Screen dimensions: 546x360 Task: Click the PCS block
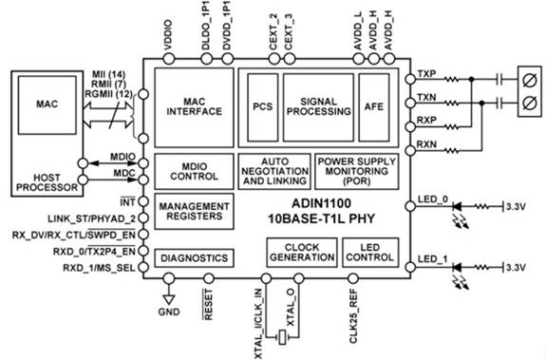click(x=263, y=107)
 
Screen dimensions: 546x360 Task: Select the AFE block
click(x=374, y=107)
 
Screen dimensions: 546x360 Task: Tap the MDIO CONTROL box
click(x=195, y=171)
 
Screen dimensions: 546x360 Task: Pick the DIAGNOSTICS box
click(x=195, y=258)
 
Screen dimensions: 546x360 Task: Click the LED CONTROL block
click(x=370, y=253)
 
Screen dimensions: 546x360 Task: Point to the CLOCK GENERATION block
click(x=302, y=253)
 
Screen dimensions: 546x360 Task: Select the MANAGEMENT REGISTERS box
click(x=195, y=211)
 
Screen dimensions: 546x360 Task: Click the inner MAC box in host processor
click(x=47, y=104)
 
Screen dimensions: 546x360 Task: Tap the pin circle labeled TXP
click(x=410, y=80)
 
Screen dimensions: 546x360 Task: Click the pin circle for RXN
click(x=410, y=151)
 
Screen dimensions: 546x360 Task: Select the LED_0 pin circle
click(x=410, y=206)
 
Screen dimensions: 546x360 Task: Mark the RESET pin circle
click(x=209, y=278)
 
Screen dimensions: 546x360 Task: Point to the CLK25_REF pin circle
click(x=352, y=278)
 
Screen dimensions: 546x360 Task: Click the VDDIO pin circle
click(x=169, y=59)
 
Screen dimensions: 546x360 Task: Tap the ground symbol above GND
click(x=169, y=300)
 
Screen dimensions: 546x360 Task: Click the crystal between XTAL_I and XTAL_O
click(x=282, y=337)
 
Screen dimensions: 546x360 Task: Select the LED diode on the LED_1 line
click(x=457, y=268)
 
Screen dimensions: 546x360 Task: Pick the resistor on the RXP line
click(x=452, y=127)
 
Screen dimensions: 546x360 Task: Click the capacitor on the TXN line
click(x=500, y=103)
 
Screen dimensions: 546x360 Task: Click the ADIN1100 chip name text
click(x=321, y=203)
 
